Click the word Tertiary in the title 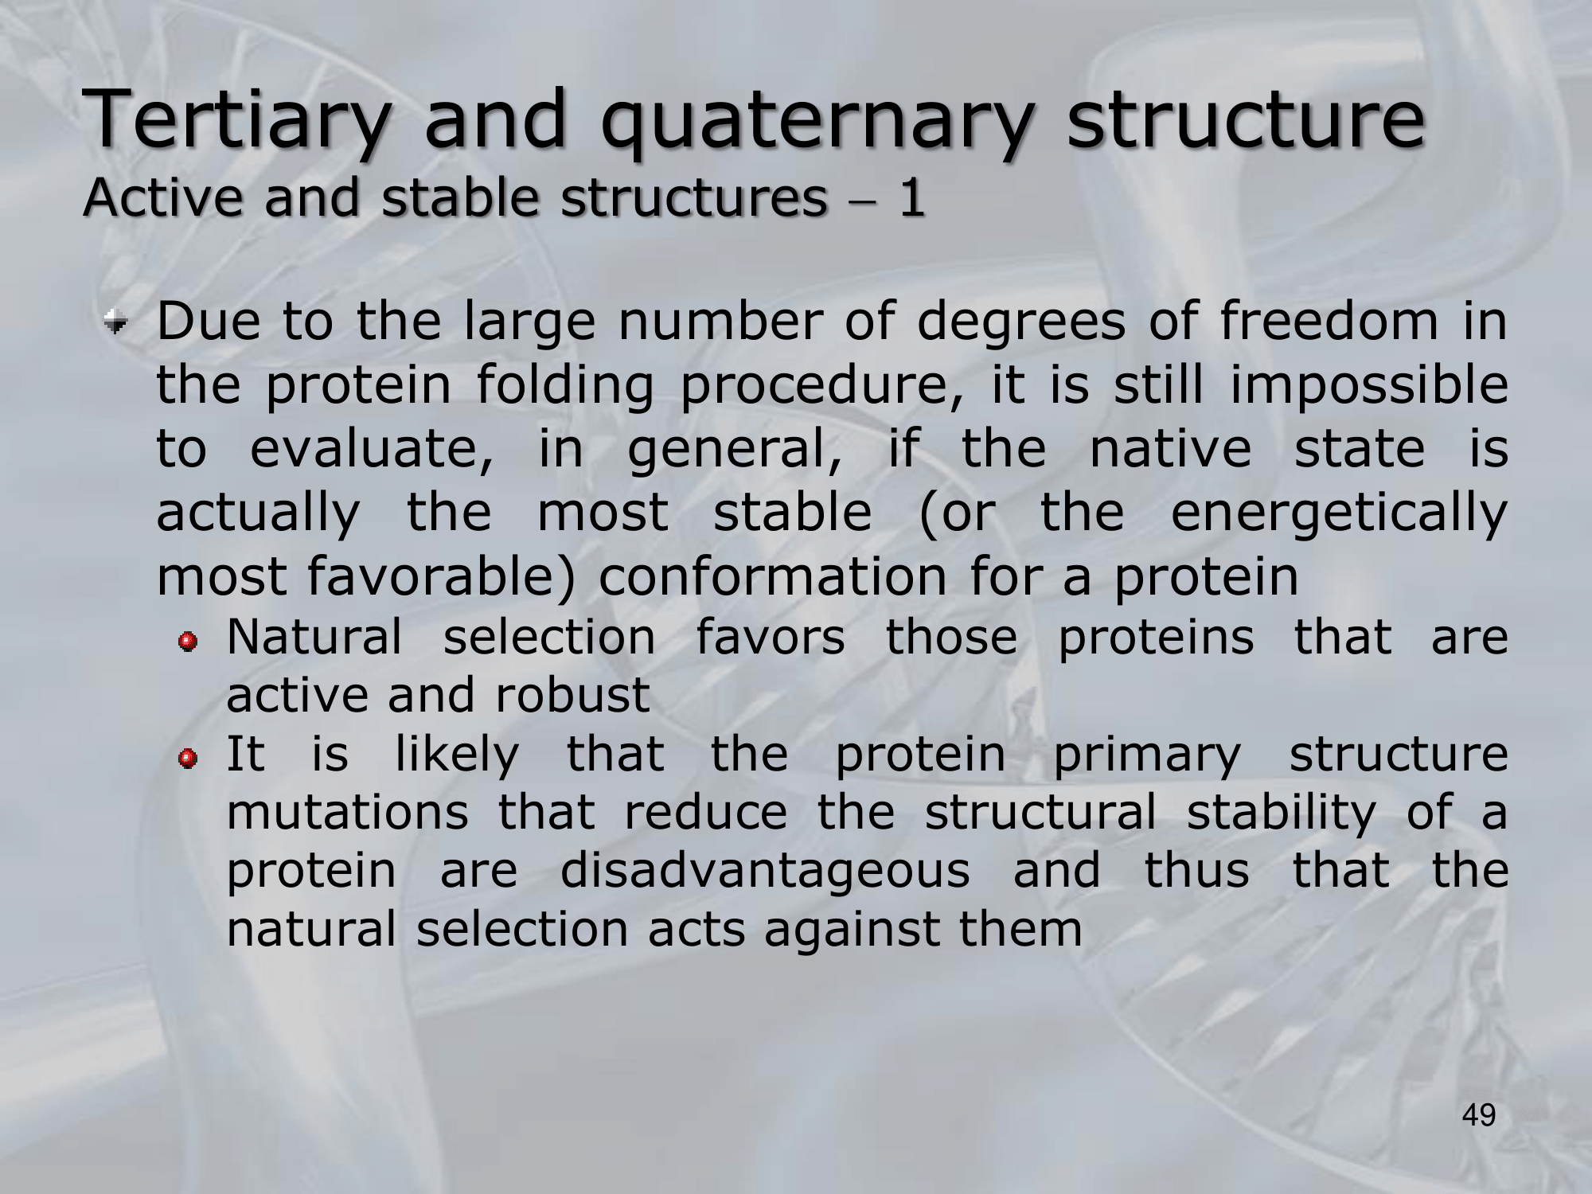pyautogui.click(x=238, y=120)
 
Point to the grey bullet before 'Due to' pyautogui.click(x=119, y=323)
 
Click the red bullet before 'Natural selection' pyautogui.click(x=188, y=641)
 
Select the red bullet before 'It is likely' pyautogui.click(x=188, y=760)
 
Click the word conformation pyautogui.click(x=773, y=576)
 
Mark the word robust pyautogui.click(x=572, y=695)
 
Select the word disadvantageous pyautogui.click(x=765, y=870)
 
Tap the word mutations pyautogui.click(x=348, y=813)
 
